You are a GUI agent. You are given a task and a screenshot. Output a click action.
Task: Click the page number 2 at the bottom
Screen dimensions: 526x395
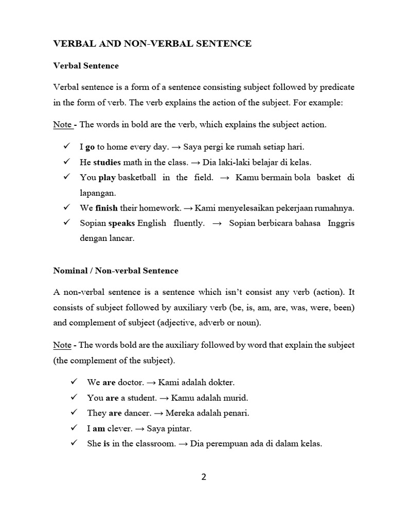coord(204,477)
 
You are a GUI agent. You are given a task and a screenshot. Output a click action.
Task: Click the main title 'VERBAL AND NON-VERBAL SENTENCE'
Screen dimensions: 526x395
coord(153,44)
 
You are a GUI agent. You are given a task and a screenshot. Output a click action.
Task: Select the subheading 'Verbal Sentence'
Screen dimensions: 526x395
coord(86,66)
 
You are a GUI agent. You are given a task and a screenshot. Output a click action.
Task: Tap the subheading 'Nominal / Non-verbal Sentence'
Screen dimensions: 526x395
coord(116,271)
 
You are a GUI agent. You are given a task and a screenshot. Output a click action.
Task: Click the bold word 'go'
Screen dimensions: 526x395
coord(90,147)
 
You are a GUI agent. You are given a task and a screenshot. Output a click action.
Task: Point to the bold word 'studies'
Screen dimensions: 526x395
coord(107,162)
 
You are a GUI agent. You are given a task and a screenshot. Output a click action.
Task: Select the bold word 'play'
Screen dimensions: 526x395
coord(107,178)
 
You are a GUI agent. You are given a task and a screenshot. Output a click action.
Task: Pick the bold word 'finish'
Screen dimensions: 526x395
coord(106,209)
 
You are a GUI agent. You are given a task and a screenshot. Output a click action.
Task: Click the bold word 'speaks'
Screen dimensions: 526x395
coord(121,224)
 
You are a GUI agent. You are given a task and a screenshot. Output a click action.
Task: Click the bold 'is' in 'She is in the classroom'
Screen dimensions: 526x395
coord(106,444)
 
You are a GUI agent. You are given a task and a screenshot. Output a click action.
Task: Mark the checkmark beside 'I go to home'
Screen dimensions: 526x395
coord(66,146)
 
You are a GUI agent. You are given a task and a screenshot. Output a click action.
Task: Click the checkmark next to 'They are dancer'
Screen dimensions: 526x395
coord(66,412)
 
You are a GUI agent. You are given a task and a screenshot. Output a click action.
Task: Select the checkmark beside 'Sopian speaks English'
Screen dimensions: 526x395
coord(66,223)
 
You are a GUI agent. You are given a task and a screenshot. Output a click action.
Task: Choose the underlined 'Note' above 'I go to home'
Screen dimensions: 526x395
coord(62,125)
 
